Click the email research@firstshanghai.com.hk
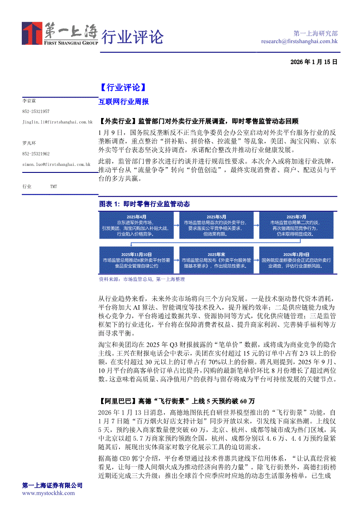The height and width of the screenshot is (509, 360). point(299,41)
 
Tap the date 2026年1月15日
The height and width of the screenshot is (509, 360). point(314,62)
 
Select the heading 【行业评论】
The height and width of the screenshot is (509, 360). point(120,88)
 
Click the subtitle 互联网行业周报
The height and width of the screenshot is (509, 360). point(124,102)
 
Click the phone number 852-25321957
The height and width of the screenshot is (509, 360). point(36,112)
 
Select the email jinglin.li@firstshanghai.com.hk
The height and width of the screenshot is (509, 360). point(57,122)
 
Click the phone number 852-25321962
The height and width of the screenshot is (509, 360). point(36,154)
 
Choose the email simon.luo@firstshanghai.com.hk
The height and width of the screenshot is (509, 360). point(56,165)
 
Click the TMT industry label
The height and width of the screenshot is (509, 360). point(53,186)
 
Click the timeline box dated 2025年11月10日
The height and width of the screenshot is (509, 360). point(136,260)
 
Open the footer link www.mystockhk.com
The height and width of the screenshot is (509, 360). point(48,493)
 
